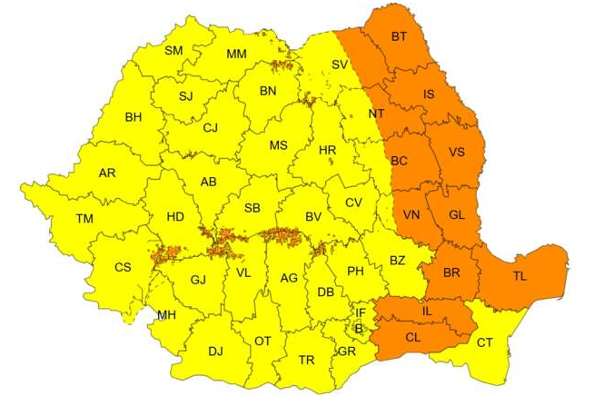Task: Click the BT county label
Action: point(399,37)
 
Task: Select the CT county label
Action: point(484,342)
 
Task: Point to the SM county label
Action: point(173,51)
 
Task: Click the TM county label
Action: point(84,219)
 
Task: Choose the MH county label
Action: point(166,315)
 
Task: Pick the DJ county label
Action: point(215,351)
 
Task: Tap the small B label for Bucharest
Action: point(359,328)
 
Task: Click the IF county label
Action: point(361,313)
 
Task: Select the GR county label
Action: point(346,351)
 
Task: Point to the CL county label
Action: point(413,336)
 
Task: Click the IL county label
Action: point(428,312)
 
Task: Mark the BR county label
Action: point(451,272)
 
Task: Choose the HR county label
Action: point(328,150)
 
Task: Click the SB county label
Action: point(252,208)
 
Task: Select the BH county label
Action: point(134,117)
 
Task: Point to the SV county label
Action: point(339,64)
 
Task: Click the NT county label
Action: point(376,114)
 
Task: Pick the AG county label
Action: point(289,278)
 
